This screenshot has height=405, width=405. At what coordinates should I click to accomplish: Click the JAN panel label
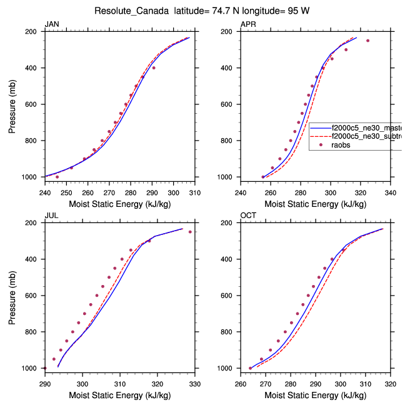coord(51,24)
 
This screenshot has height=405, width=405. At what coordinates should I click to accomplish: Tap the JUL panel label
coord(51,216)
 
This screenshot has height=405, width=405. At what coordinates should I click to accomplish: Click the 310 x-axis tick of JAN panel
coord(194,192)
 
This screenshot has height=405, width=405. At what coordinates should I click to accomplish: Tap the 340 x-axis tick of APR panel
coord(391,192)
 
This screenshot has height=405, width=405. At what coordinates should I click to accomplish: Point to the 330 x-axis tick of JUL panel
coord(194,384)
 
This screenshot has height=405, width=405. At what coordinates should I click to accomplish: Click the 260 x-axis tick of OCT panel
coord(241,384)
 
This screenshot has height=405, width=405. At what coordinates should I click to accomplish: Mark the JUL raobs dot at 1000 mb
coord(45,368)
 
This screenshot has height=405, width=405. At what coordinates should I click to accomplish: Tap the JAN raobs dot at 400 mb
coord(154,67)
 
